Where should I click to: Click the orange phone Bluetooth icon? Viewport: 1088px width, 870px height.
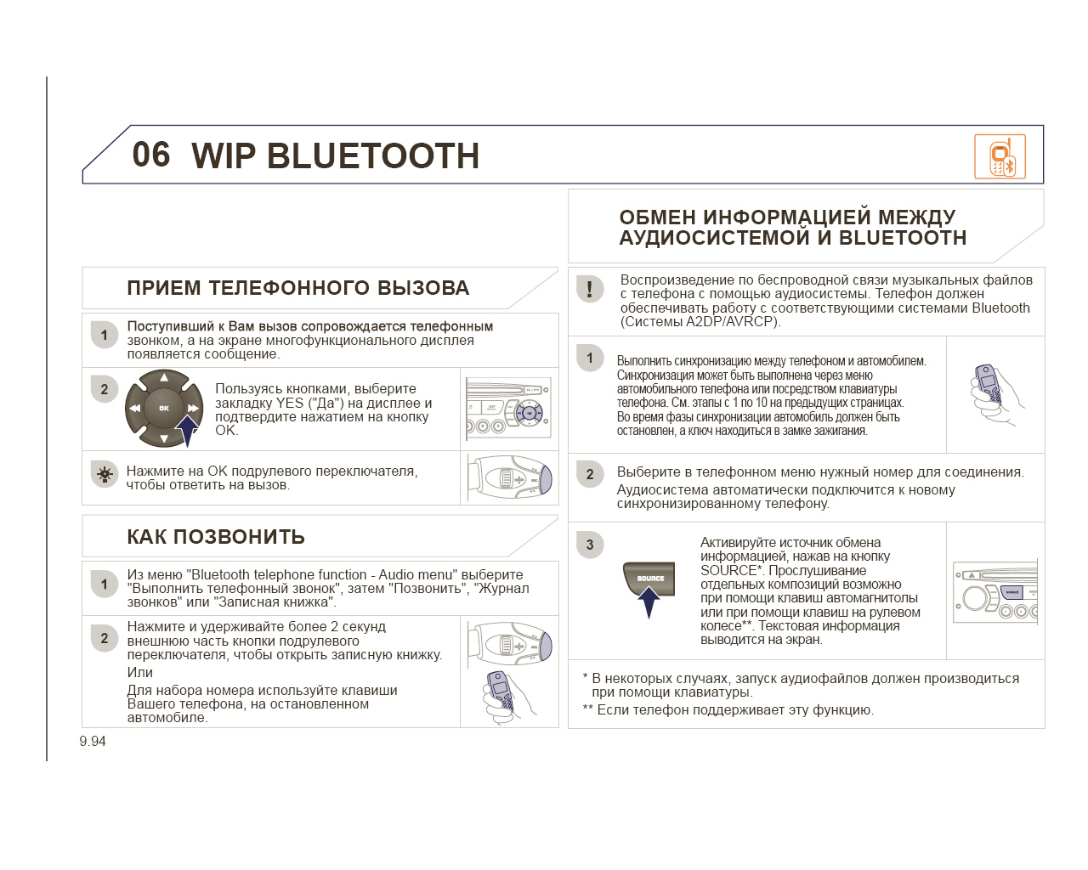1000,156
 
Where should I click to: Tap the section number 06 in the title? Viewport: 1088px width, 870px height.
150,155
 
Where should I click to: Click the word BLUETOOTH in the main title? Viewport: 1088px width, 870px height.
372,155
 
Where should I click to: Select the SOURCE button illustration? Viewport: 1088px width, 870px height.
649,579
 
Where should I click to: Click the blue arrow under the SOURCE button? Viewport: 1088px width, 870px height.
649,602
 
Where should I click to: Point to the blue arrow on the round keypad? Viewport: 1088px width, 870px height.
186,430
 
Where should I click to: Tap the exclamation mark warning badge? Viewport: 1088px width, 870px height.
590,289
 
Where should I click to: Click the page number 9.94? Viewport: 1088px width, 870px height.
93,741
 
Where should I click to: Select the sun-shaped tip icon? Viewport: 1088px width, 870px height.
105,474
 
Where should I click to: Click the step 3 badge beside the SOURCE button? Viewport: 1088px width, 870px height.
590,545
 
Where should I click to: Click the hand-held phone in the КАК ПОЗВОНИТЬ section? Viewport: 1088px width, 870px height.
508,698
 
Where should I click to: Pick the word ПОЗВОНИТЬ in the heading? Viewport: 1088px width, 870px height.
239,537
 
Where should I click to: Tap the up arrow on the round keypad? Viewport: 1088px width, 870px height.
164,377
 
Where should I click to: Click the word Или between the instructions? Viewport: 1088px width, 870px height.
140,672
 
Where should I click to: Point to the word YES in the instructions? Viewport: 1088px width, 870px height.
290,403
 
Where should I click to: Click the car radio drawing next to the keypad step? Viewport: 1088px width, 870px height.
508,409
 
